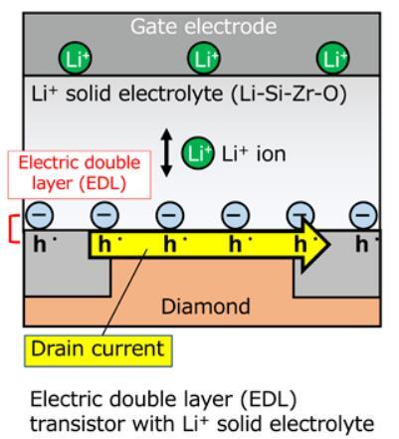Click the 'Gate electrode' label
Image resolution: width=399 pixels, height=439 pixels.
coord(203,27)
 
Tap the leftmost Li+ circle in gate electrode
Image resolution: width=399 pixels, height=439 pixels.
coord(75,59)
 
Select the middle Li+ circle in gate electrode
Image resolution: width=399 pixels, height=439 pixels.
coord(204,59)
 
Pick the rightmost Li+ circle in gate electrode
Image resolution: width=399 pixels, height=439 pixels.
coord(332,59)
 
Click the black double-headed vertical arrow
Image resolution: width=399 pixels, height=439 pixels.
coord(166,152)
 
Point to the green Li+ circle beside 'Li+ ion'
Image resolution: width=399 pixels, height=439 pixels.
coord(197,153)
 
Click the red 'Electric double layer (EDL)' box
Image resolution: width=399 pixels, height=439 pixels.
coord(80,174)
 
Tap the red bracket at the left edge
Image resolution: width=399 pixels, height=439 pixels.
coord(12,229)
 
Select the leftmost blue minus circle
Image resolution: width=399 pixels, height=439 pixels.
coord(39,215)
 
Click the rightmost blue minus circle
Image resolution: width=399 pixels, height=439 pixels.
coord(363,215)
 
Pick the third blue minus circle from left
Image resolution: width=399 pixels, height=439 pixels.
coord(169,215)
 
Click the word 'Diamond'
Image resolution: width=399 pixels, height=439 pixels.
coord(206,307)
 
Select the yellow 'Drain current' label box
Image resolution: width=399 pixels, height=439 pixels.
coord(99,351)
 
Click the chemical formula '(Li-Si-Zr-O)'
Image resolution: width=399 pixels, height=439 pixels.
coord(289,94)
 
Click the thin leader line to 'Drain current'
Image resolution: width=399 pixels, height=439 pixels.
coord(124,293)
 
